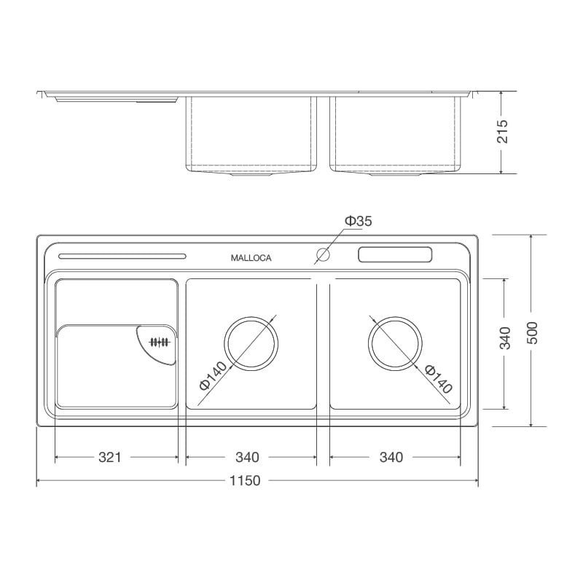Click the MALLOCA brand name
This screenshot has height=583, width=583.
[x=251, y=257]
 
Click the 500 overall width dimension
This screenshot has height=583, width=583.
[x=532, y=332]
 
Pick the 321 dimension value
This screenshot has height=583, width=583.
[x=109, y=458]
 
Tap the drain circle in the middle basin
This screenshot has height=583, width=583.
[x=251, y=343]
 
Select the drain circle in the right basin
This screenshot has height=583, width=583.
[x=396, y=343]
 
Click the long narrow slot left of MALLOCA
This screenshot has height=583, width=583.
[x=122, y=256]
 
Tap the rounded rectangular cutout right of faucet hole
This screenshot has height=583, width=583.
[x=395, y=256]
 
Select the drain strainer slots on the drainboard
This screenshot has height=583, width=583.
[x=159, y=343]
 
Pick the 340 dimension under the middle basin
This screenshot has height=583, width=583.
[x=247, y=458]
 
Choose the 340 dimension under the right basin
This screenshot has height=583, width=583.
[x=391, y=458]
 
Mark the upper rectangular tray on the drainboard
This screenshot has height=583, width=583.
[x=116, y=300]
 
